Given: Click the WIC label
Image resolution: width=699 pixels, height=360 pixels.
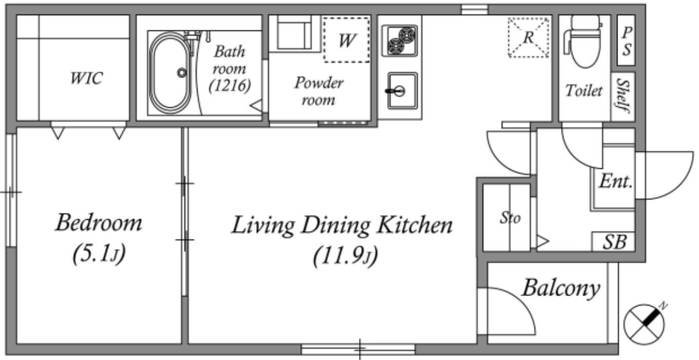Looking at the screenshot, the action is point(86,79).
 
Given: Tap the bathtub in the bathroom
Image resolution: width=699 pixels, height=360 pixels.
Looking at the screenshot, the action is point(171,73).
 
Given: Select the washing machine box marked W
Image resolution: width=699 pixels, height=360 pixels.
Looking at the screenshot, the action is point(347,40).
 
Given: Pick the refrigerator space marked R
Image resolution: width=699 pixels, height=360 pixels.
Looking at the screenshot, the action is point(528,38).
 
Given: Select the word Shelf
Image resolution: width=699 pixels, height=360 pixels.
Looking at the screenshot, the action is point(623,96).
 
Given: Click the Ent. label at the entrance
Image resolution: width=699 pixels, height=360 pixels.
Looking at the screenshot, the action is point(616,181).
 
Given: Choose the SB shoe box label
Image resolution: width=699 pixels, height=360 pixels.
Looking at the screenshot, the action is point(615,242).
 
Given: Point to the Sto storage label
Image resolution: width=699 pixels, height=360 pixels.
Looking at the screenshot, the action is point(509,218).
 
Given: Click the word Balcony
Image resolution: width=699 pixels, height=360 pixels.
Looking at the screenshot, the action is point(561,288).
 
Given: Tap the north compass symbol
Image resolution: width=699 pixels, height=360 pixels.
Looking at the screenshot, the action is point(644,322).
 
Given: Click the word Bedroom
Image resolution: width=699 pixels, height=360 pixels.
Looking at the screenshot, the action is point(99,223).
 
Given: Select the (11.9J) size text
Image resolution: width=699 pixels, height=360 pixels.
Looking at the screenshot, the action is point(345,256).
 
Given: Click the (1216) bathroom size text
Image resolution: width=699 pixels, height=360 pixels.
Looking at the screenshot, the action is point(230,84).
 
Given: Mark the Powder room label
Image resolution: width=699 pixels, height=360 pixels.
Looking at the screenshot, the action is point(319,91).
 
